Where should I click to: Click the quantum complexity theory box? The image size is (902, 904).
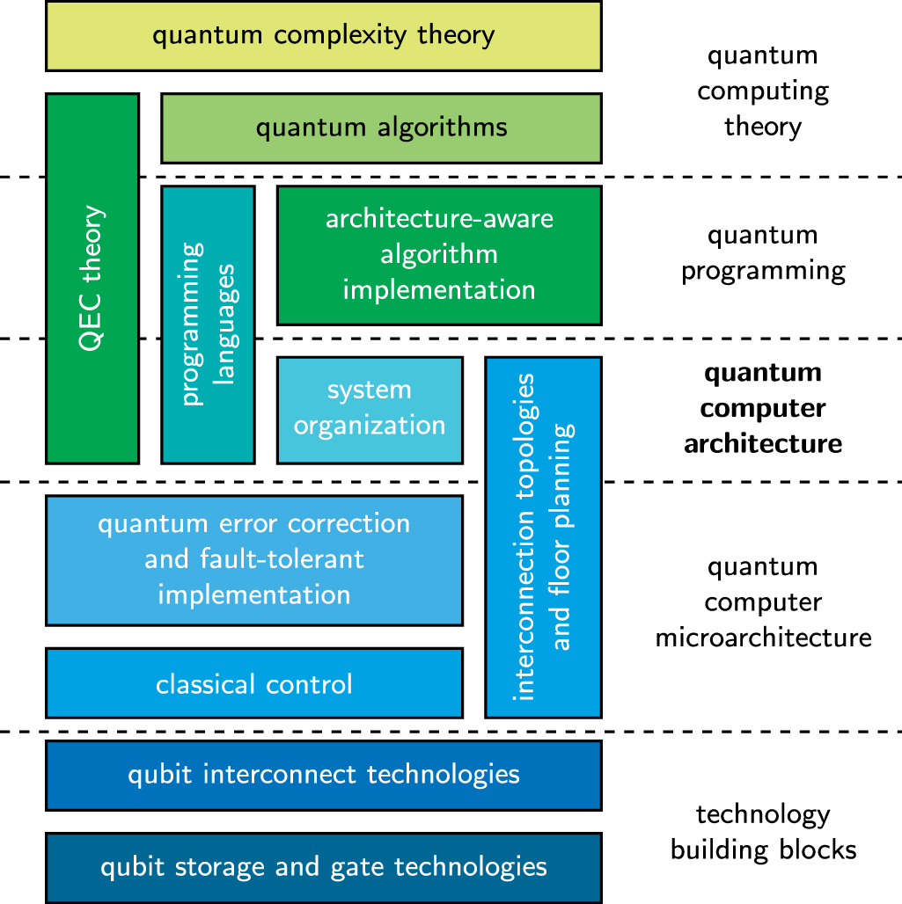pos(323,36)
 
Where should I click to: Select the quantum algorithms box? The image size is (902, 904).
pos(381,128)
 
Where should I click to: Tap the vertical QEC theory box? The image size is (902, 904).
pos(92,278)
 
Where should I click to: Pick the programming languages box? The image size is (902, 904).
pos(208,324)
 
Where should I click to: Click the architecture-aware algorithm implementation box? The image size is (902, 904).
pos(439,254)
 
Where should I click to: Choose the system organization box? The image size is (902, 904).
pos(370,409)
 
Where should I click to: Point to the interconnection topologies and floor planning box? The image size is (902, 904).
pos(543,536)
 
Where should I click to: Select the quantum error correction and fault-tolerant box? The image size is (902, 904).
pos(253,559)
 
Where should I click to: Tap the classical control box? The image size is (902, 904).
pos(253,683)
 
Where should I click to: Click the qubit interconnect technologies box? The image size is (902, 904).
pos(323,775)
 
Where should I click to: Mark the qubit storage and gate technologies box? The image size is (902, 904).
pos(323,867)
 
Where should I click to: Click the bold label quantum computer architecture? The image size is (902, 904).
pos(763,408)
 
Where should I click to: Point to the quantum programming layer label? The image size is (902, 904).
pos(763,253)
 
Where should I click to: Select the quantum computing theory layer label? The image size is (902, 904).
pos(763,91)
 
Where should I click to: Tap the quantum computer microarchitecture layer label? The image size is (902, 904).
pos(763,602)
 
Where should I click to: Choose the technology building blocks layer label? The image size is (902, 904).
pos(763,833)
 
